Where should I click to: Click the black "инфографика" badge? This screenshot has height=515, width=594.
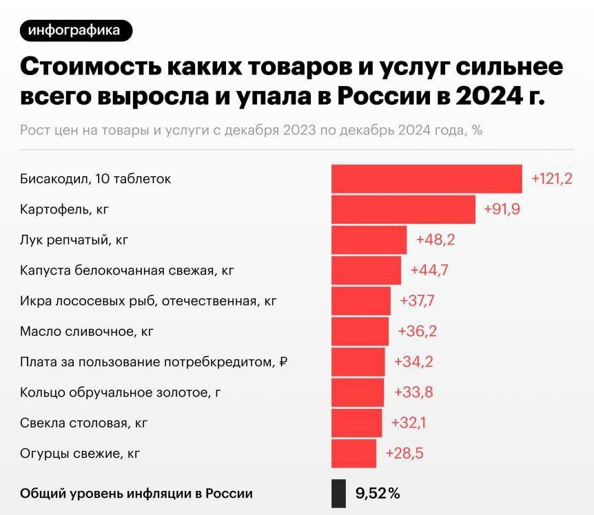coord(76,30)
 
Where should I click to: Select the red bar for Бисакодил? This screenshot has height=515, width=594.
coord(427,179)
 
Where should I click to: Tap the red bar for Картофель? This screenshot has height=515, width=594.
coord(403,209)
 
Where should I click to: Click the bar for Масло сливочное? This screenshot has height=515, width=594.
coord(360,331)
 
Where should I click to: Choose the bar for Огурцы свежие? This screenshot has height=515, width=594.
coord(354,453)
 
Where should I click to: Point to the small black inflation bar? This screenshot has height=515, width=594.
coord(338,493)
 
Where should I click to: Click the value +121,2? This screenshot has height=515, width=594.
coord(552,179)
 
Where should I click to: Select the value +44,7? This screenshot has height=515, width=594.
coord(429,270)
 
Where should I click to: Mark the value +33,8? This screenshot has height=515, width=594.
coord(413,392)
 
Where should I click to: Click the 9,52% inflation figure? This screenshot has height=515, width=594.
coord(378,493)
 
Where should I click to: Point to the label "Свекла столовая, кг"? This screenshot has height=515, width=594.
coord(84,423)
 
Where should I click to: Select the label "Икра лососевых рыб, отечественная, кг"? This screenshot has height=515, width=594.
coord(140,301)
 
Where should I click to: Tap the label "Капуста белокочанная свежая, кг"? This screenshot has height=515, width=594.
coord(127,271)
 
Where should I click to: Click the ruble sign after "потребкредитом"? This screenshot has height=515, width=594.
coord(283,361)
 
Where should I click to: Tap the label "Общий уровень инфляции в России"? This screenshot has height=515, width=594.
coord(136,493)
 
